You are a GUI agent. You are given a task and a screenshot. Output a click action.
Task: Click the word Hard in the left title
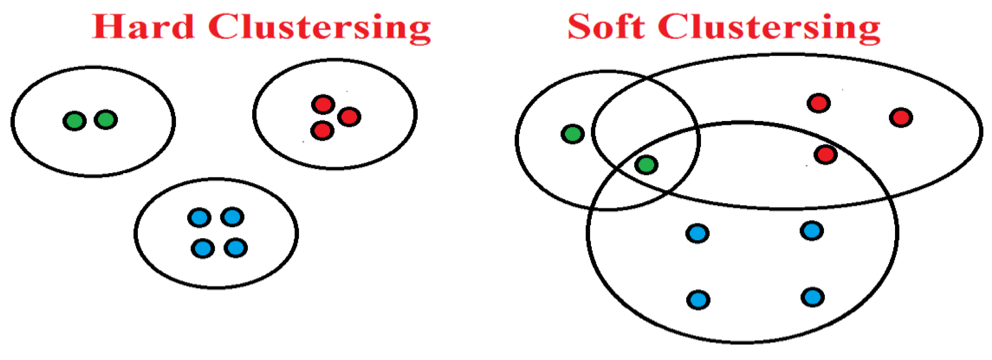(x=143, y=27)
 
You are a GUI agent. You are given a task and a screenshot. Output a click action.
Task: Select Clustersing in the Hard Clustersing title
(x=319, y=28)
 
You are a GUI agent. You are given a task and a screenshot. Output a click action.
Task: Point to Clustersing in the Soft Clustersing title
(x=769, y=28)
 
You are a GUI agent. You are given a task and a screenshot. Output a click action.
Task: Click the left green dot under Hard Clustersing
(x=74, y=121)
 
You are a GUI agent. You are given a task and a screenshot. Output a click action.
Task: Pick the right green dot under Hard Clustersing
(x=106, y=120)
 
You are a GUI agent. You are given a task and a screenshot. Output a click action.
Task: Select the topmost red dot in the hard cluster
(x=323, y=104)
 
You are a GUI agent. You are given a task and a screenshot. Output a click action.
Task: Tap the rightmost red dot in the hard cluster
(x=349, y=117)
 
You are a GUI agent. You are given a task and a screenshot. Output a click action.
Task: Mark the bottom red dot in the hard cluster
(x=322, y=131)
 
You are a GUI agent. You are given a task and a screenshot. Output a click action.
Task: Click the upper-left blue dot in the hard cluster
(x=199, y=218)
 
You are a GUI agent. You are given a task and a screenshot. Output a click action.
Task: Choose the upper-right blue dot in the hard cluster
(x=232, y=217)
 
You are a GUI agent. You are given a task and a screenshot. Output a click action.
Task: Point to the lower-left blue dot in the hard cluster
(x=203, y=248)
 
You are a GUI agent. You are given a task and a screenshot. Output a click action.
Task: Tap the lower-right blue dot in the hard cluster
(x=236, y=248)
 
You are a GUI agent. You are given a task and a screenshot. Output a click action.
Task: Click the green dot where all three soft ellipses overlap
(x=646, y=165)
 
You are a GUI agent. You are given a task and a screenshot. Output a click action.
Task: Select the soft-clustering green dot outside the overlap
(x=573, y=134)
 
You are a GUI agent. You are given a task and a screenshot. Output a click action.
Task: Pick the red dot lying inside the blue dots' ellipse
(x=826, y=155)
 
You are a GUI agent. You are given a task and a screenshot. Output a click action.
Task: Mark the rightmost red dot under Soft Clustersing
(x=901, y=117)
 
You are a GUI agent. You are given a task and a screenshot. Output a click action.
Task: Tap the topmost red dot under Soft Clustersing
(x=819, y=103)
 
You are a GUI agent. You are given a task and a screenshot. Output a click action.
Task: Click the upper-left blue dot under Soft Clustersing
(x=697, y=233)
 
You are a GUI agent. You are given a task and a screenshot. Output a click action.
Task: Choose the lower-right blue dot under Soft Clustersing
(x=813, y=297)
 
